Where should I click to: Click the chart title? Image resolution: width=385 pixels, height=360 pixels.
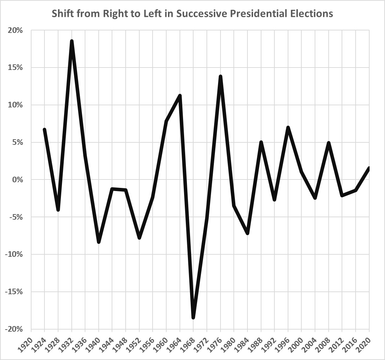tap(192, 14)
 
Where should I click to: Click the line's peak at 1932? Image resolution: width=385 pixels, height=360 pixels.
tap(72, 42)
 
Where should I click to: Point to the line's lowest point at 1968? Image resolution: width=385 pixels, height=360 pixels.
tap(193, 317)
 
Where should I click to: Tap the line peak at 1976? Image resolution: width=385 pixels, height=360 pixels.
tap(220, 77)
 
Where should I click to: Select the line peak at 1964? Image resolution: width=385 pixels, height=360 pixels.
tap(180, 96)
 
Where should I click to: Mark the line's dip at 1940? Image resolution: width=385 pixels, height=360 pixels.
tap(99, 242)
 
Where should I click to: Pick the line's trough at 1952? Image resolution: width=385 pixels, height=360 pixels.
tap(139, 238)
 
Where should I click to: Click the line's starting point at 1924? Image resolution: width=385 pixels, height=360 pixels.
tap(44, 130)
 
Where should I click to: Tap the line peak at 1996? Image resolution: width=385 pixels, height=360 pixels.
tap(288, 128)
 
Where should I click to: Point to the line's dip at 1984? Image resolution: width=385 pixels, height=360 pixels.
tap(247, 233)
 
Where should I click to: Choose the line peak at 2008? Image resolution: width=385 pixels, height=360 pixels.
tap(329, 143)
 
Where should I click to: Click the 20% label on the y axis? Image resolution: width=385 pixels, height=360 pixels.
tap(16, 30)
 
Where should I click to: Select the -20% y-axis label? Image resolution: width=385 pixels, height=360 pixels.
tap(14, 329)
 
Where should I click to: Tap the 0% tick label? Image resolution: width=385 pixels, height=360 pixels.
tap(17, 180)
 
